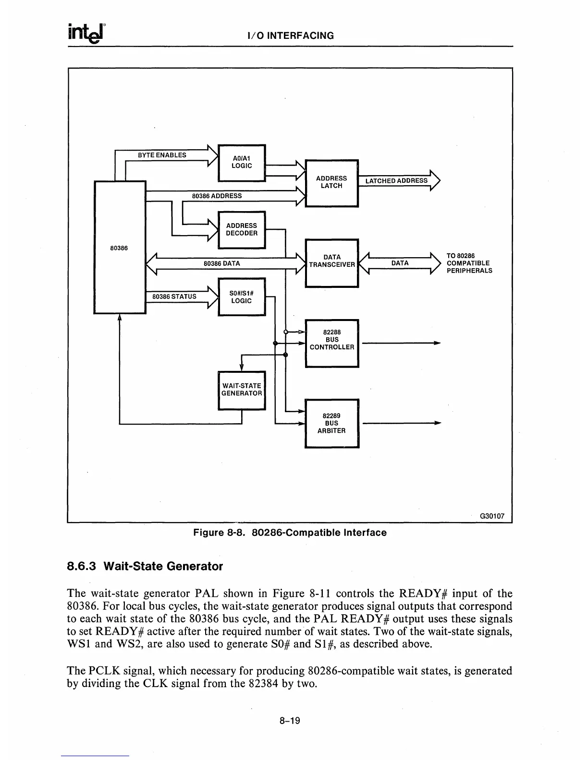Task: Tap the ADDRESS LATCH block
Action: click(x=331, y=182)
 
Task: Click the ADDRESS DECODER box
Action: click(x=242, y=229)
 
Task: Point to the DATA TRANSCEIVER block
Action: click(x=332, y=261)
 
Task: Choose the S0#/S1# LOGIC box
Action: click(x=242, y=297)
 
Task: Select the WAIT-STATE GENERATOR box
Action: click(x=242, y=390)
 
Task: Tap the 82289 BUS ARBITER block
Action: click(x=331, y=423)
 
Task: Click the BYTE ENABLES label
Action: click(x=162, y=155)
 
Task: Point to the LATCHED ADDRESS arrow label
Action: click(x=396, y=181)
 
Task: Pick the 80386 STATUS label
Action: click(x=174, y=297)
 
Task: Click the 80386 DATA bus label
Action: click(x=222, y=263)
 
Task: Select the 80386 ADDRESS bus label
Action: click(x=217, y=196)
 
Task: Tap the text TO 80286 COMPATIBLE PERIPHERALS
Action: click(x=469, y=263)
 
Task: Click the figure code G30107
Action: click(x=492, y=516)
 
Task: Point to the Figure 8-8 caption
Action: click(x=290, y=533)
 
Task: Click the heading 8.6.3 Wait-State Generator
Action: click(x=145, y=567)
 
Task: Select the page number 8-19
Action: click(x=290, y=721)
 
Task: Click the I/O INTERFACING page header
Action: click(x=290, y=36)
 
